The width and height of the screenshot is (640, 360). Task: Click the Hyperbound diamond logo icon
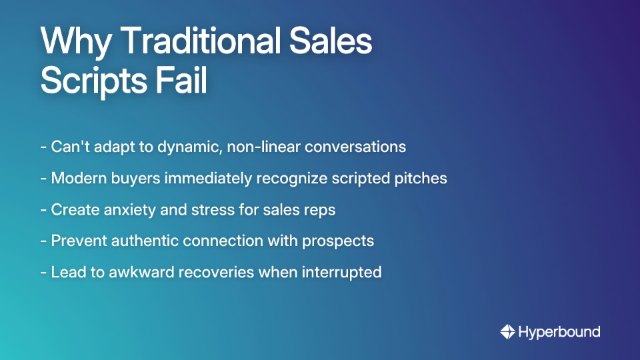[508, 331]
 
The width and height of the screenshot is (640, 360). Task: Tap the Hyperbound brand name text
[560, 331]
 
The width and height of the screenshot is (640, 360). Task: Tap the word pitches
[422, 179]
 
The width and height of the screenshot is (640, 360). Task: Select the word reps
[318, 210]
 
